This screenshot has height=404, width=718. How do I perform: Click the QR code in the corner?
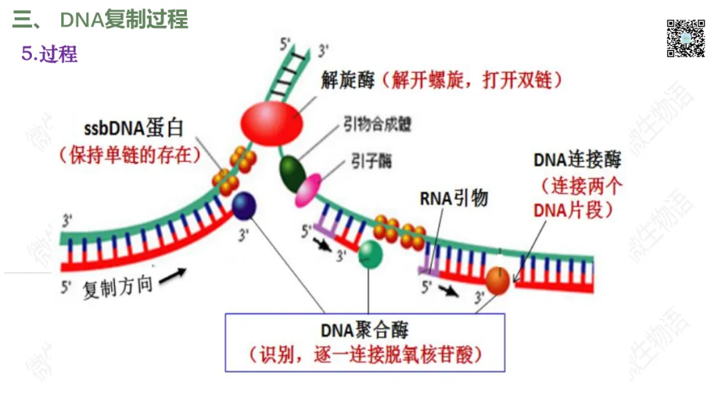pos(685,38)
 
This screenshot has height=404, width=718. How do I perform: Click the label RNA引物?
pos(453,197)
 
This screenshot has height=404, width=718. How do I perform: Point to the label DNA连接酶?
pos(577,159)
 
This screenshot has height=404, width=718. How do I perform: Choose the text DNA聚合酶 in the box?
pos(364,330)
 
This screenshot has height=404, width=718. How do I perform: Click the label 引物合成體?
pos(377,124)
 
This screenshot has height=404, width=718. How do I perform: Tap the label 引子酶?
pos(372,161)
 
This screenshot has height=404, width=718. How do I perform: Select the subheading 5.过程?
pos(50,54)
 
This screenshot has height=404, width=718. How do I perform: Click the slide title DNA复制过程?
pos(124,19)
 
